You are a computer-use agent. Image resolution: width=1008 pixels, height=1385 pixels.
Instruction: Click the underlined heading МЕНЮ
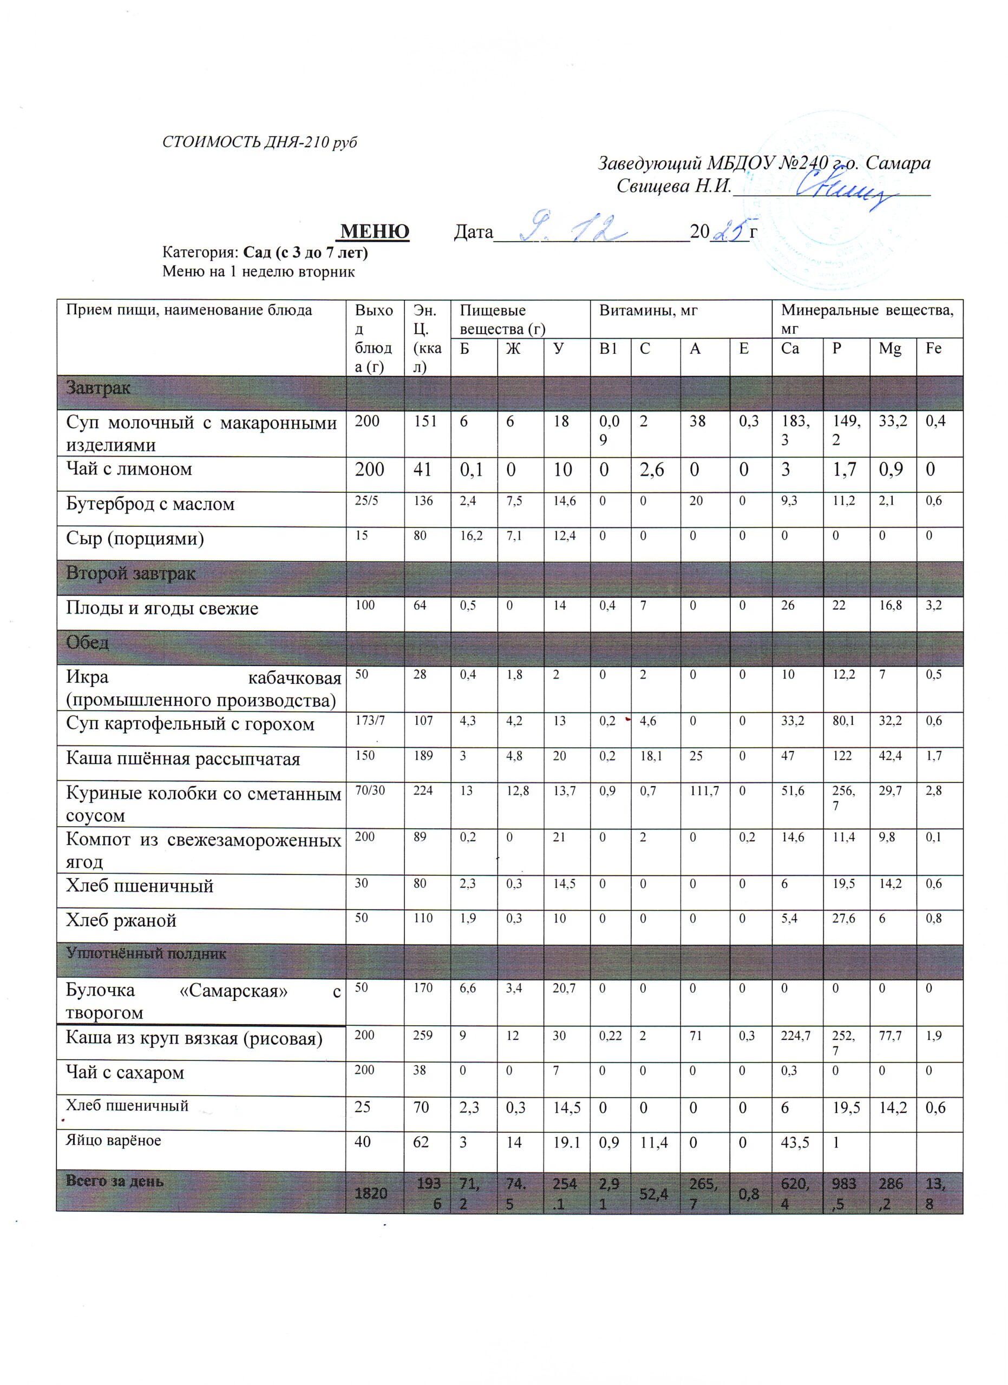click(x=375, y=232)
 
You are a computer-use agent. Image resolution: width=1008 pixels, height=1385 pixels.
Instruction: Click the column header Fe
click(x=933, y=349)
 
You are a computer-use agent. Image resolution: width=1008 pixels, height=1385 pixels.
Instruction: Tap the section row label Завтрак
click(x=99, y=388)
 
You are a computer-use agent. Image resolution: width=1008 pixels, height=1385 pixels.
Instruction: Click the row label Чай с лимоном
click(x=129, y=469)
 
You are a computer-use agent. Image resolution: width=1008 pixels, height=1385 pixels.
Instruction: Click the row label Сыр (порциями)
click(x=135, y=539)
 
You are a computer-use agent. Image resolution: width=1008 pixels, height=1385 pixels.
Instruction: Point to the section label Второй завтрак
click(x=130, y=573)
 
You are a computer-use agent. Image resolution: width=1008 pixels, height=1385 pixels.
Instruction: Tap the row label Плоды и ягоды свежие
click(x=162, y=608)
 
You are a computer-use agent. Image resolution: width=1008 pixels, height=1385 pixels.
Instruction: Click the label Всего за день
click(x=115, y=1181)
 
